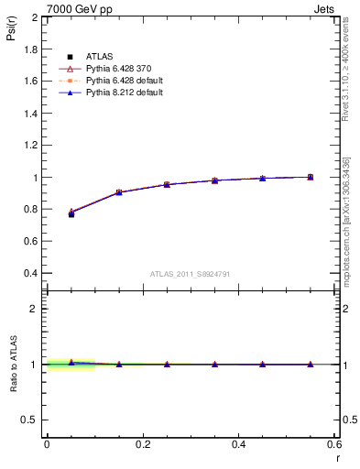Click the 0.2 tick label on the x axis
tap(142, 444)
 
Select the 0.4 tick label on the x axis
tap(238, 444)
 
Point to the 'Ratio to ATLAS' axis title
tap(14, 364)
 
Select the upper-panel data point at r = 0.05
tap(71, 213)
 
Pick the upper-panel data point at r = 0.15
tap(119, 192)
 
